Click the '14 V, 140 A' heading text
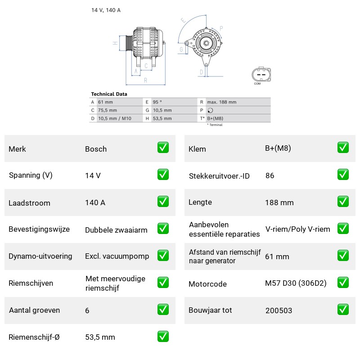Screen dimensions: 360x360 click(x=106, y=10)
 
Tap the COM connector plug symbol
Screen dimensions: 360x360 click(x=261, y=74)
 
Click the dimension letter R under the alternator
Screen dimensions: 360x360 click(x=145, y=81)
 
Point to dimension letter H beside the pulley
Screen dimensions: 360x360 click(x=115, y=43)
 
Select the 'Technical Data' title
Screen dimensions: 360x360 click(x=109, y=94)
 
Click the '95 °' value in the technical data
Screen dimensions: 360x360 click(x=157, y=102)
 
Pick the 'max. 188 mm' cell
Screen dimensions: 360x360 click(x=221, y=102)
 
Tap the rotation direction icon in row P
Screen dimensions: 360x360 click(x=210, y=110)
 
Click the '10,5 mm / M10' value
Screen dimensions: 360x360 click(x=115, y=118)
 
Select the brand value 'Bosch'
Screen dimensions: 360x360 click(x=96, y=149)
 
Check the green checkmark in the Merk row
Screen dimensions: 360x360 click(x=163, y=148)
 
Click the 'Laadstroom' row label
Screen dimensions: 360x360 click(x=29, y=203)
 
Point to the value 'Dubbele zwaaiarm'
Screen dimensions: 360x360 click(x=116, y=230)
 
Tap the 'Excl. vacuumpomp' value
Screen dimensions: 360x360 click(x=117, y=256)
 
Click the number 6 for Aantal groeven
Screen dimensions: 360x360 click(x=87, y=310)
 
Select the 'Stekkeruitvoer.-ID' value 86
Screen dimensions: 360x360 click(x=270, y=175)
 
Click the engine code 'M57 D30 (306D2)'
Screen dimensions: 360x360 click(x=296, y=283)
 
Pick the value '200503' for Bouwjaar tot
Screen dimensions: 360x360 click(x=279, y=310)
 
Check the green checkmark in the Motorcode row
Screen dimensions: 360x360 click(x=343, y=283)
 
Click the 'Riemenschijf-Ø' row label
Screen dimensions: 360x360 click(x=34, y=337)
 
